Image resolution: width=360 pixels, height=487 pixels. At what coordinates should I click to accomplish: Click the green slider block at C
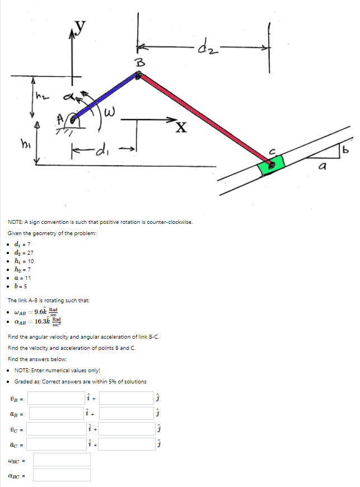point(271,164)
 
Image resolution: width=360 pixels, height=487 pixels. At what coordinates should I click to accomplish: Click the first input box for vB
point(56,398)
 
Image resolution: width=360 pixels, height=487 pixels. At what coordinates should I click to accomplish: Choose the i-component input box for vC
point(56,429)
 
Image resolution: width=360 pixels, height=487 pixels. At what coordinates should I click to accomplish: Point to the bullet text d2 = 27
point(22,252)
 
